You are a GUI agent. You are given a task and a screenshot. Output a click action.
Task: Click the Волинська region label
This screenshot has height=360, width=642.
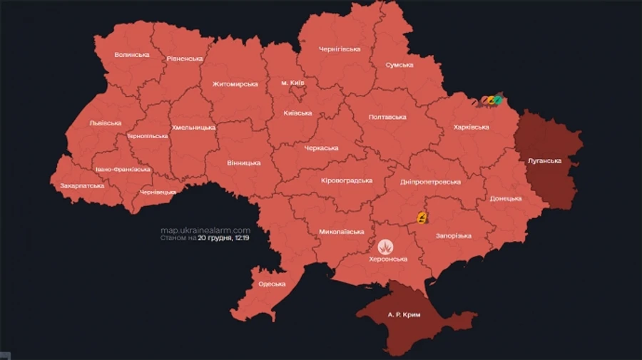click(x=132, y=55)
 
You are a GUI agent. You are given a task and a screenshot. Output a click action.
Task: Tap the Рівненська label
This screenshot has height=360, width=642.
click(x=185, y=59)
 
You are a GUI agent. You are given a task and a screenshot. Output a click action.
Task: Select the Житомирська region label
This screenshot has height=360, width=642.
click(x=235, y=84)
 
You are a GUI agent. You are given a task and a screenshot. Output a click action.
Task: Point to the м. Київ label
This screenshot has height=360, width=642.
click(x=292, y=83)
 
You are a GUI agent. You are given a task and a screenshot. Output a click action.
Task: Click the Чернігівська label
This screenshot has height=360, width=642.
click(x=340, y=49)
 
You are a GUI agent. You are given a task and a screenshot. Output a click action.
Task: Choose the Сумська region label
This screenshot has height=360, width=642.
click(x=399, y=65)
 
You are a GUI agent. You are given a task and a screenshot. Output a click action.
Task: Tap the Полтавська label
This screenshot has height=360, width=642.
click(x=387, y=117)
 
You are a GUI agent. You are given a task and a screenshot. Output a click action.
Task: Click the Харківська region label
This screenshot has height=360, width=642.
click(x=472, y=127)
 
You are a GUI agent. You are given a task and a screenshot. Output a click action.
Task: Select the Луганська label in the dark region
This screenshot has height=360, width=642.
click(x=545, y=161)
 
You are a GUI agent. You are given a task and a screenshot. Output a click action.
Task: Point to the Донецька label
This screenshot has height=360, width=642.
click(x=506, y=199)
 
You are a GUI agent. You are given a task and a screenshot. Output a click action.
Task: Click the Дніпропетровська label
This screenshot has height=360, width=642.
click(x=431, y=182)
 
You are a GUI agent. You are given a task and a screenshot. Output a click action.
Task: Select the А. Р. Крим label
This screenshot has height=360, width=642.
click(x=404, y=314)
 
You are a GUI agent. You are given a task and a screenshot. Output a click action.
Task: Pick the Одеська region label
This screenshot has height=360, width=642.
click(x=272, y=284)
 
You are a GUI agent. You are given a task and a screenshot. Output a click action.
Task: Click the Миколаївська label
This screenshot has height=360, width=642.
click(x=342, y=232)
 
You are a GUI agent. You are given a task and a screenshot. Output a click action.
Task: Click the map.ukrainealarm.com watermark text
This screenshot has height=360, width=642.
click(x=205, y=230)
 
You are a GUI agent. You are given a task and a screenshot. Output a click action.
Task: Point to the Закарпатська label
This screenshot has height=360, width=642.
click(x=81, y=186)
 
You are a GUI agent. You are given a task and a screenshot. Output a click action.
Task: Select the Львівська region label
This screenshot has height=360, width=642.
click(x=106, y=123)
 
